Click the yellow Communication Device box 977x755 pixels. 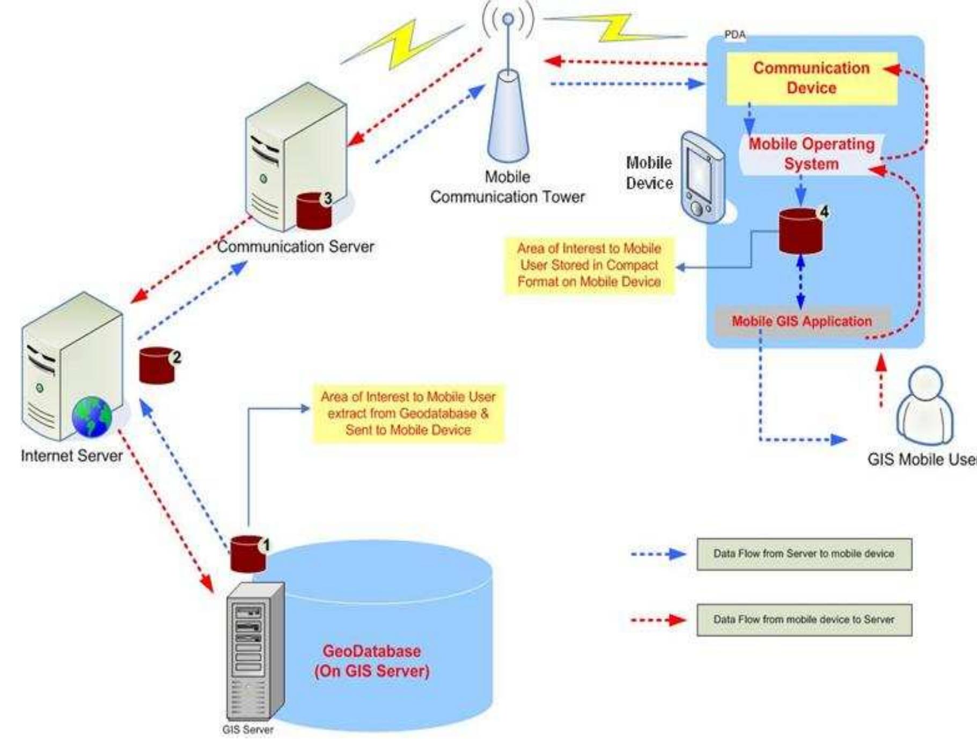click(811, 78)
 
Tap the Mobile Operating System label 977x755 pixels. click(811, 154)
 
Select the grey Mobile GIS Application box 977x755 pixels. click(803, 321)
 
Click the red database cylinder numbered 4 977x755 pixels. click(800, 231)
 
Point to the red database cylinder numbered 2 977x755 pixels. click(157, 366)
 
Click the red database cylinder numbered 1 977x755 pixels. click(248, 554)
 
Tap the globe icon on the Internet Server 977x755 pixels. click(92, 417)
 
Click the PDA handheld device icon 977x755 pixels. click(702, 177)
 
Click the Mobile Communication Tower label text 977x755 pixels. click(507, 187)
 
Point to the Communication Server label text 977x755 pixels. click(295, 246)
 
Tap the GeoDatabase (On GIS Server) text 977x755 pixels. click(372, 661)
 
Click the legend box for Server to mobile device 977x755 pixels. click(804, 554)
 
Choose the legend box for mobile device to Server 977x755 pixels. click(804, 620)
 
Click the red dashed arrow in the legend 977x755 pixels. click(658, 620)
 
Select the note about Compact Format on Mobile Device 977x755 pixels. click(589, 265)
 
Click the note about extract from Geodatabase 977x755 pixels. click(408, 413)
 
